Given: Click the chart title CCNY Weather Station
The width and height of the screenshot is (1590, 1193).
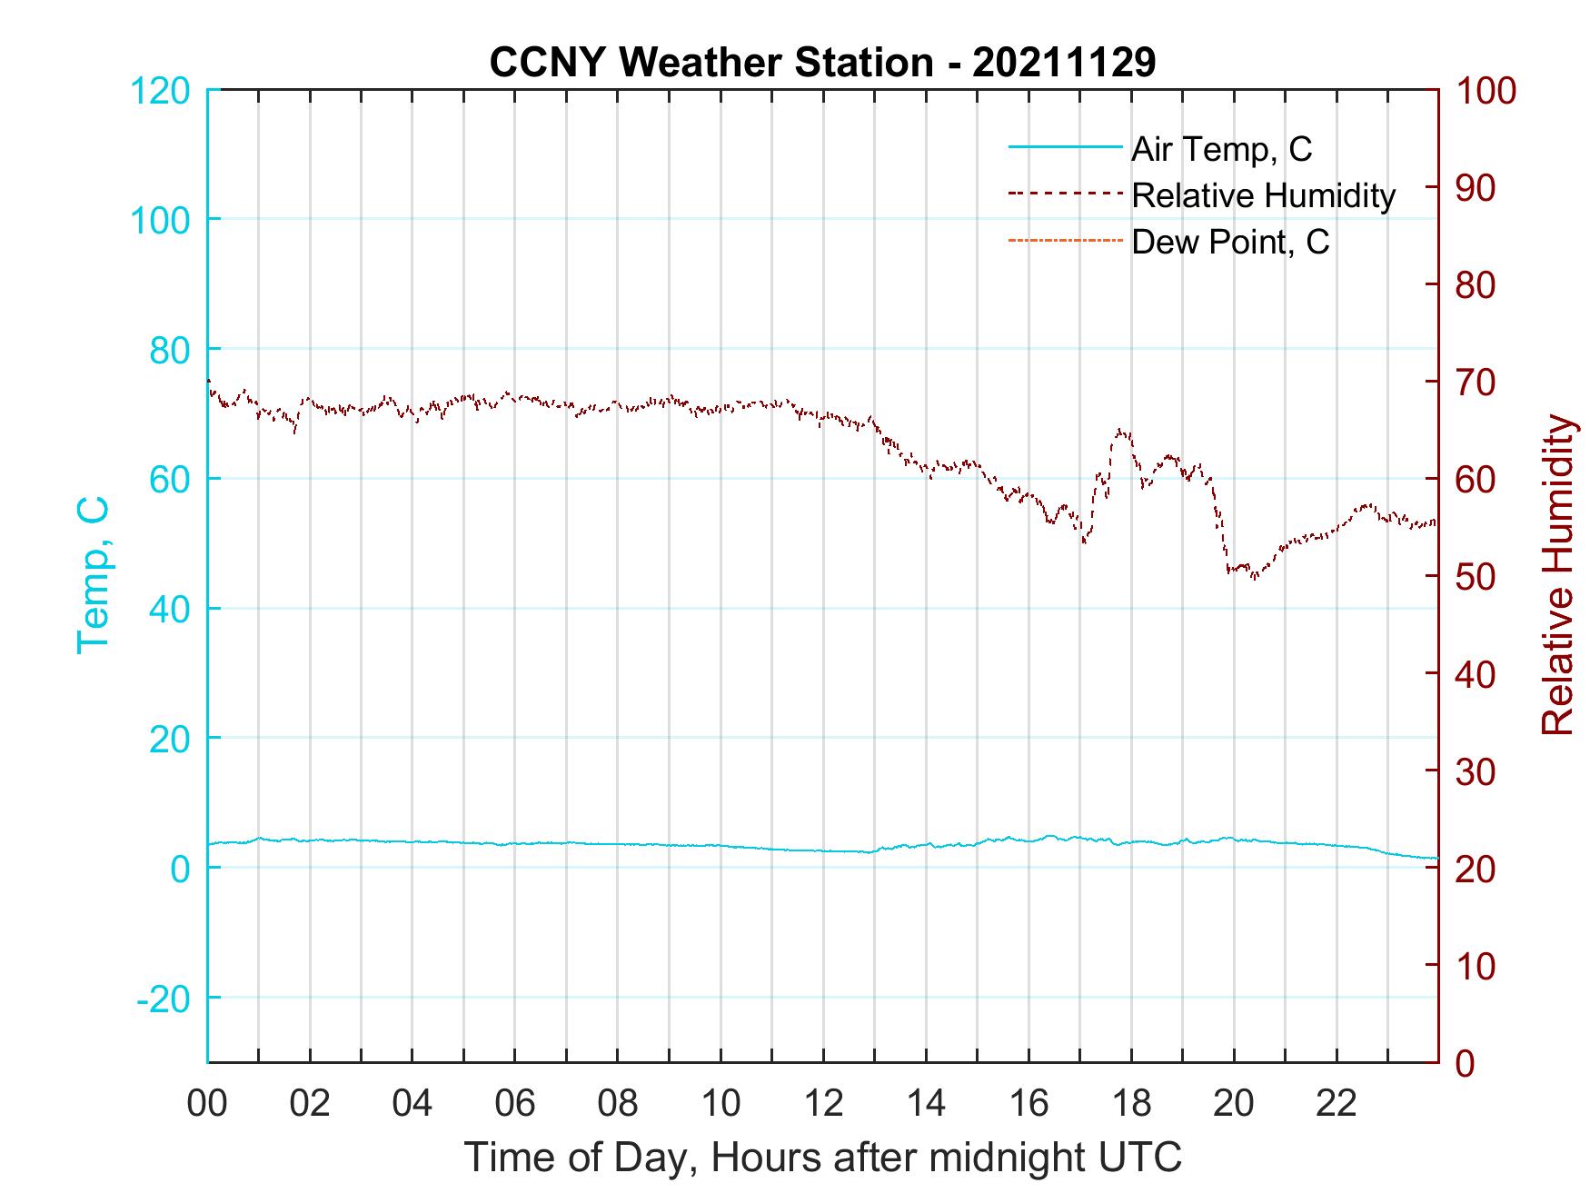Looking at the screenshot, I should [x=822, y=63].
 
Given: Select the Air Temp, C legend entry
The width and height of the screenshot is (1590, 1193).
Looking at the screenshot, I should [x=1220, y=149].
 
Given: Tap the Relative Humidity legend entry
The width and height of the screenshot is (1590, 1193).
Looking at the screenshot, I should [x=1263, y=195].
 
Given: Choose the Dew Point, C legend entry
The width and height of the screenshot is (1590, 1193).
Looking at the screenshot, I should [x=1229, y=242].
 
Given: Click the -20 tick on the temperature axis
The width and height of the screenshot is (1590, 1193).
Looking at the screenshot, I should [x=163, y=999].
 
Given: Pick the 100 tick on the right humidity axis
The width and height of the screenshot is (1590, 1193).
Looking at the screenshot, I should [x=1486, y=91].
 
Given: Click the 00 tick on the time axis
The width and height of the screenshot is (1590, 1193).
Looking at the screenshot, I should [x=207, y=1103].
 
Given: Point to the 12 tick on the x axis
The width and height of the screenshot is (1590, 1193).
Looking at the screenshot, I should [x=823, y=1103].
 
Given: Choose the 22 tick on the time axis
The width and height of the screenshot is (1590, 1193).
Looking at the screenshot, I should [x=1337, y=1103].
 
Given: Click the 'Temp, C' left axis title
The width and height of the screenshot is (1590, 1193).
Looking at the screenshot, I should [x=93, y=574].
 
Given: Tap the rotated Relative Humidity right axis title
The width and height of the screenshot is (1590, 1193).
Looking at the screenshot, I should [x=1556, y=574].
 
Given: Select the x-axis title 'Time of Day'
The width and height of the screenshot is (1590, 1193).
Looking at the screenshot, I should [x=822, y=1158].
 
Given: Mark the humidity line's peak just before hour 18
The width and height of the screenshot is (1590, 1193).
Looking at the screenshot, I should [x=1120, y=430].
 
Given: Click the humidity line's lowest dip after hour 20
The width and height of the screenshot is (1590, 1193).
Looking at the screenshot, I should [x=1255, y=578].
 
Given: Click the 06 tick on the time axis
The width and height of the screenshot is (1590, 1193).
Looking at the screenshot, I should [x=515, y=1103].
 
